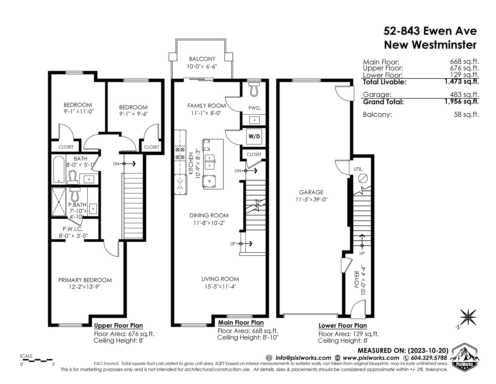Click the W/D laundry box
tap(254, 136)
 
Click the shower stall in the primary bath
tap(59, 202)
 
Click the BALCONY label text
tap(202, 59)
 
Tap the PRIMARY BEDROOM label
tap(85, 280)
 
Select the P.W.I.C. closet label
tap(73, 229)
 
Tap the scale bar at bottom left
tap(36, 360)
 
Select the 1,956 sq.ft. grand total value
tap(462, 101)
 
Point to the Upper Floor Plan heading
tap(118, 325)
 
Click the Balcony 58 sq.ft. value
tap(466, 115)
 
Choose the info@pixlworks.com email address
tap(303, 358)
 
